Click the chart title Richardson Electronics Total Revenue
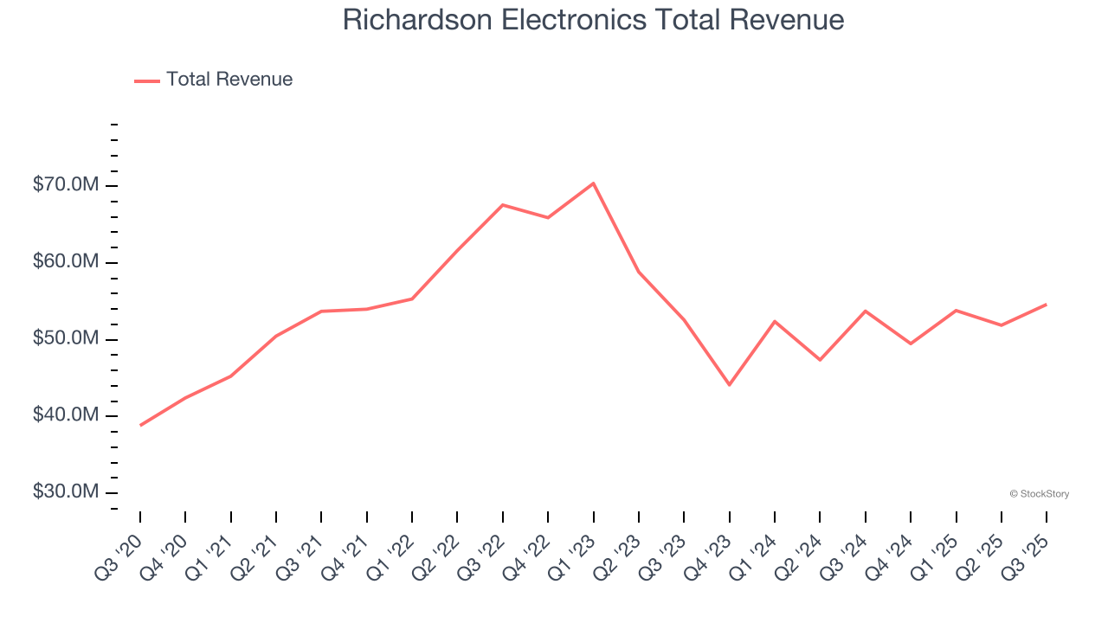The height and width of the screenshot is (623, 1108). click(x=593, y=20)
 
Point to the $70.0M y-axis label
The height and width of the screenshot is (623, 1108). click(x=66, y=186)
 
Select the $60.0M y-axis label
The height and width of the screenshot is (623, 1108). click(x=66, y=262)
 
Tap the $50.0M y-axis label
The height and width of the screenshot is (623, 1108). click(x=66, y=339)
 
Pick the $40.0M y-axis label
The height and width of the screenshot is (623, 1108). click(x=66, y=416)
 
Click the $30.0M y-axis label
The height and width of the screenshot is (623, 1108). click(x=66, y=492)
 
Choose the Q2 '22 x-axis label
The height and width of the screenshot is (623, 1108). click(x=439, y=547)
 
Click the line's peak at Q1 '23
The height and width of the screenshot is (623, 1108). click(x=593, y=183)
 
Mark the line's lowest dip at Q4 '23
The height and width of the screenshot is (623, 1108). click(x=729, y=384)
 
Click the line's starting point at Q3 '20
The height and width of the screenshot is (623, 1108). click(x=140, y=425)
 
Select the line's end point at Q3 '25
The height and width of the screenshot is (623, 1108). click(x=1046, y=305)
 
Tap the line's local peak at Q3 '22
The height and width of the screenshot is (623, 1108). click(x=503, y=205)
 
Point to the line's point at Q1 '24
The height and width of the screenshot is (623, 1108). click(x=775, y=321)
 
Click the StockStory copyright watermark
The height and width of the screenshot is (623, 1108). click(x=1040, y=494)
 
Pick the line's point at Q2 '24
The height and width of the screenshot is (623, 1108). click(x=820, y=360)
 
